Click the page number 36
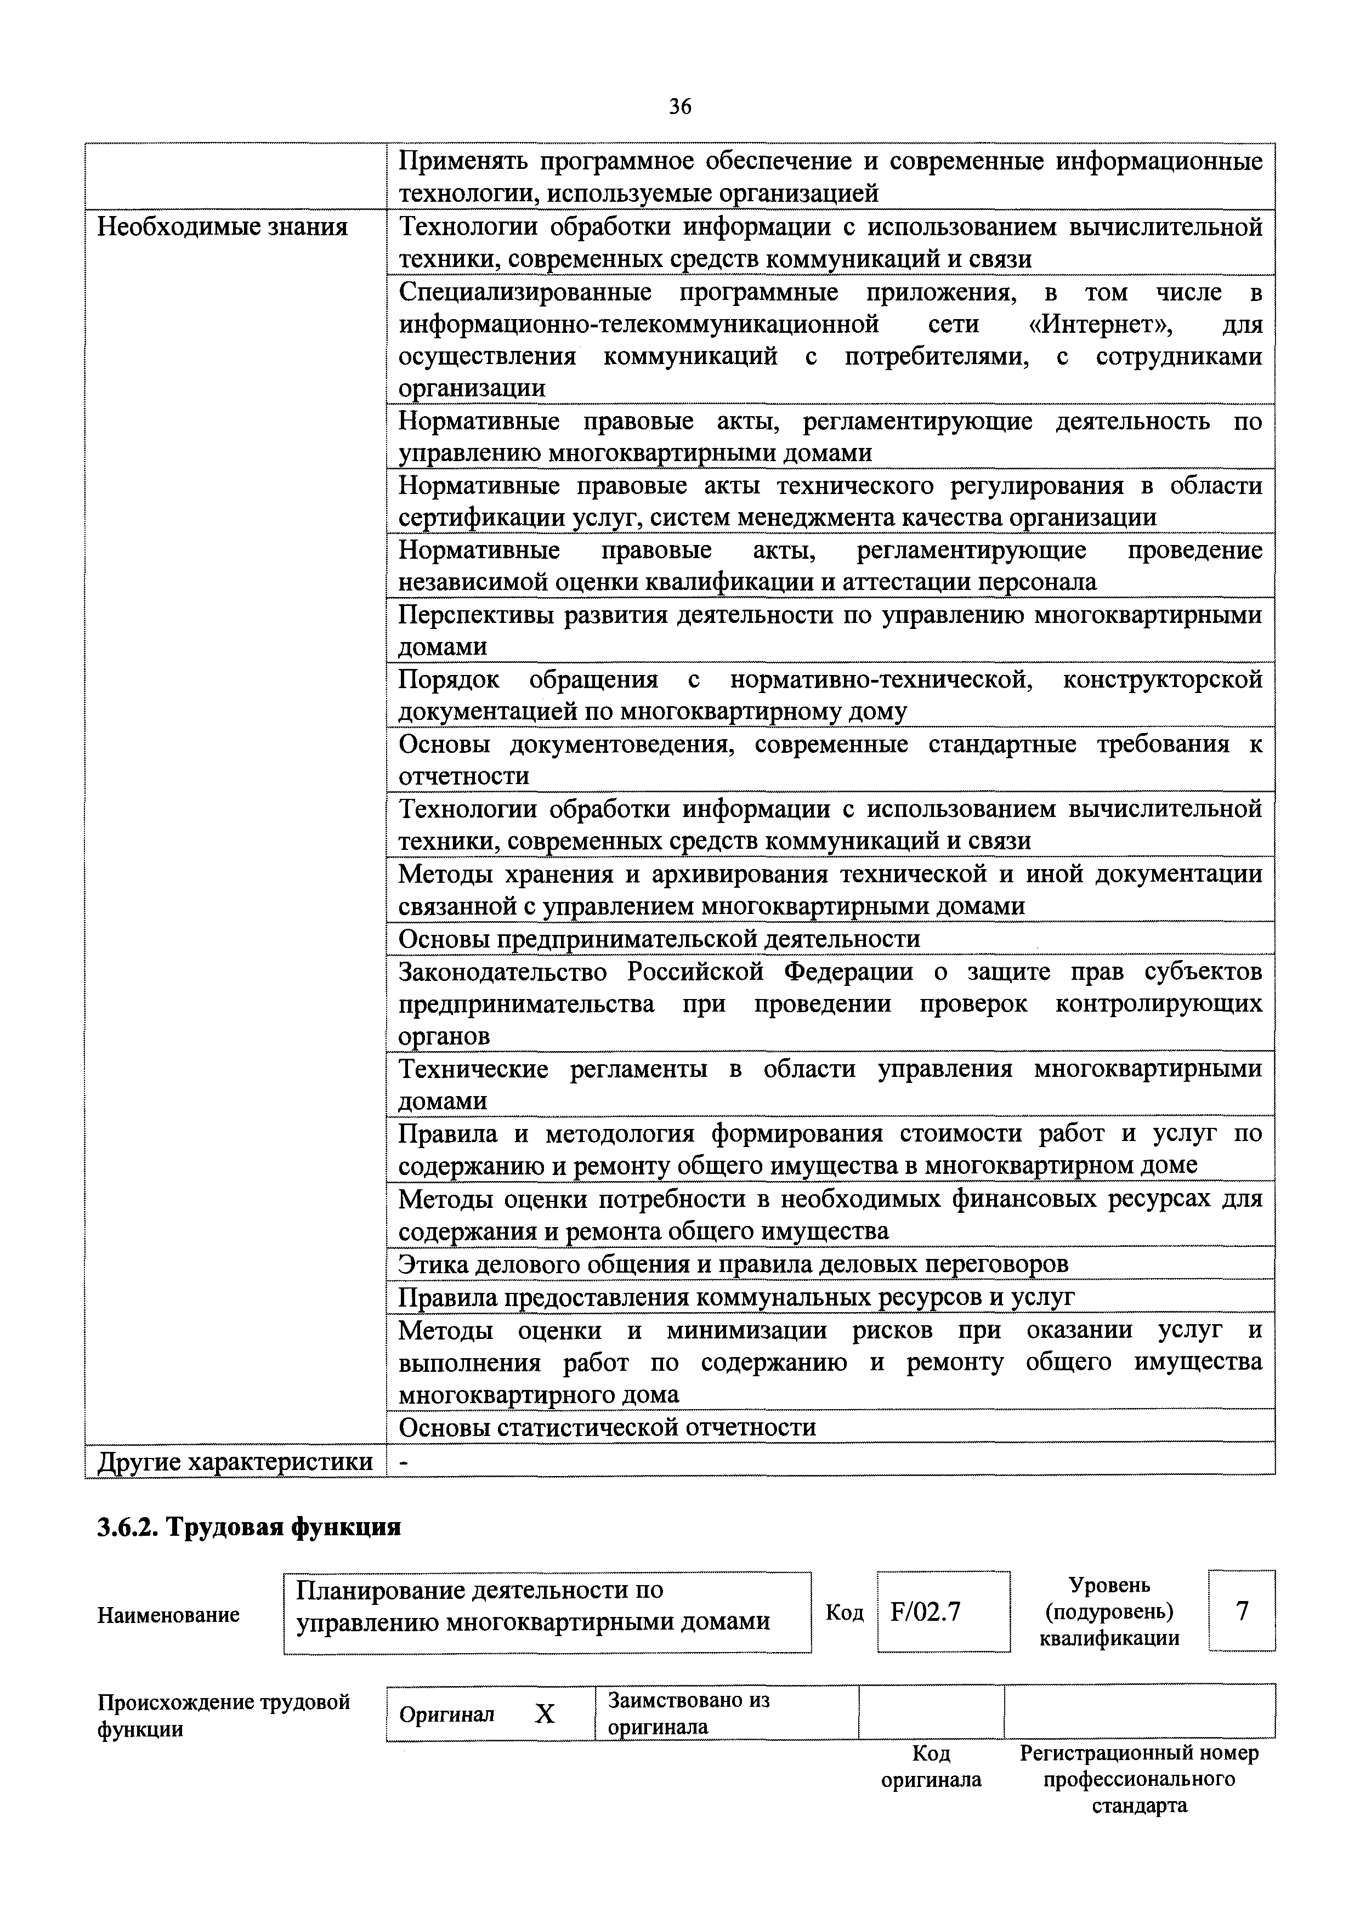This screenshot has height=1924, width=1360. (x=679, y=106)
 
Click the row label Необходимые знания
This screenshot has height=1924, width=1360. (x=222, y=227)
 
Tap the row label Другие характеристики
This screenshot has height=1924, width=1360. (x=235, y=1462)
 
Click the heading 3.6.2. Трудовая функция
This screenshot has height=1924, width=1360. (x=249, y=1527)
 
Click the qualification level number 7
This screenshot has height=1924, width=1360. (x=1242, y=1610)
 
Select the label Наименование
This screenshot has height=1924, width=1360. (x=168, y=1614)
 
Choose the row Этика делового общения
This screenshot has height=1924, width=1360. (x=733, y=1264)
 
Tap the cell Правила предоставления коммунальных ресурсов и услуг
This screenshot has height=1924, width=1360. (x=736, y=1297)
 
